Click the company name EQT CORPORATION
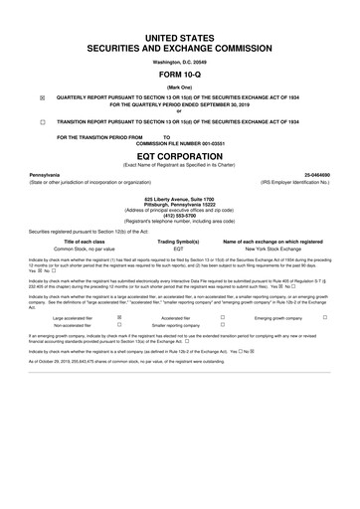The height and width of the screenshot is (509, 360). point(180,156)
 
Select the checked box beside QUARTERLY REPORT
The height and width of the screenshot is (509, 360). point(41,98)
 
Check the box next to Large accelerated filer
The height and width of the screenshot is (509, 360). point(120,316)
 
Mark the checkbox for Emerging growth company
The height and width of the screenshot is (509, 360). point(325,316)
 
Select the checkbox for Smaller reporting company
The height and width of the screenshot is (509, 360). point(223,325)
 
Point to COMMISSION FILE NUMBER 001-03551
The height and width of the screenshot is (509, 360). point(180,142)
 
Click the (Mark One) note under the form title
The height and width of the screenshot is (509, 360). point(180,86)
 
